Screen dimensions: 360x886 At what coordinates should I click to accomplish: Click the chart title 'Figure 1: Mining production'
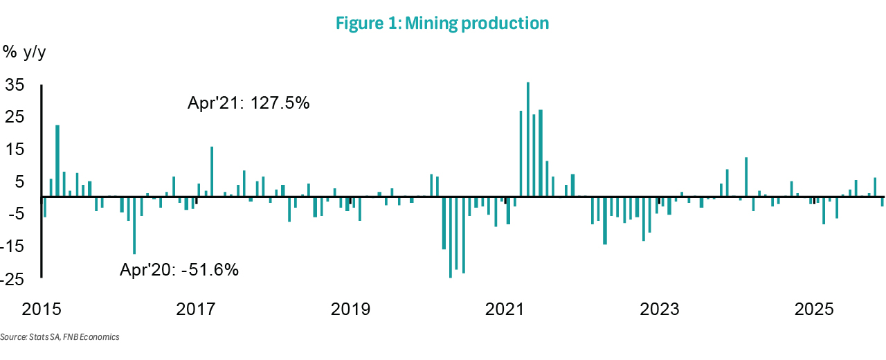click(442, 24)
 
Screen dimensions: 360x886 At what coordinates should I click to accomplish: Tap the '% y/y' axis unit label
click(24, 52)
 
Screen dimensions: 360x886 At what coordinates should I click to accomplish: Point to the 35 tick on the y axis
click(15, 85)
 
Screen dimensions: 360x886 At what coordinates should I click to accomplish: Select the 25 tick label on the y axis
click(15, 117)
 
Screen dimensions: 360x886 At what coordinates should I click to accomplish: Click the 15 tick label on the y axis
click(15, 150)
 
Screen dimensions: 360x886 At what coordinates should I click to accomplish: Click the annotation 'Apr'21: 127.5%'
click(248, 103)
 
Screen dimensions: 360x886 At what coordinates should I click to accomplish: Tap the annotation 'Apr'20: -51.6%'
click(179, 270)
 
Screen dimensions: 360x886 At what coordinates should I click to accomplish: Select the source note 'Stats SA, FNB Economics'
click(60, 337)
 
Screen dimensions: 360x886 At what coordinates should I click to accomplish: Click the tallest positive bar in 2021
click(528, 138)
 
